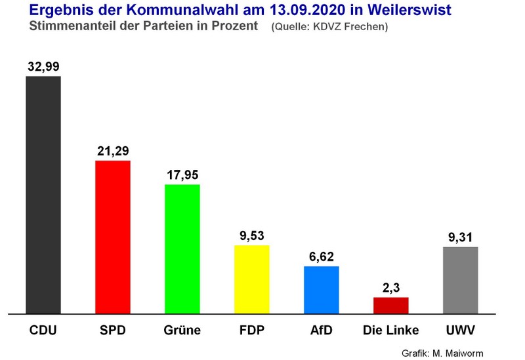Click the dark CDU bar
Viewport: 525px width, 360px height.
[43, 195]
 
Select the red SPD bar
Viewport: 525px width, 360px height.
[113, 237]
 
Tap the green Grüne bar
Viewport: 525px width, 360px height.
[182, 249]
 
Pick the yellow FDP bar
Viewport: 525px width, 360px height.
[252, 279]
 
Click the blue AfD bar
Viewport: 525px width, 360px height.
[322, 290]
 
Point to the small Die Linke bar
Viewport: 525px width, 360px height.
[391, 306]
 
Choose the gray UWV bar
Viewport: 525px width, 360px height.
[461, 280]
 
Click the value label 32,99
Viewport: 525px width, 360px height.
[43, 66]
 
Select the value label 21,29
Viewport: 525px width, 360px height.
[113, 151]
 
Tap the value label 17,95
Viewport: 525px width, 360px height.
[182, 174]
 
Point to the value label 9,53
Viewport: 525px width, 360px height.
[252, 235]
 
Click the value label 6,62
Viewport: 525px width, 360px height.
[322, 256]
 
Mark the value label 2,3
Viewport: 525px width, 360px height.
[391, 288]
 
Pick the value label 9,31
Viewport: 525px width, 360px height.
[461, 237]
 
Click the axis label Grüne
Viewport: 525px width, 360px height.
[182, 329]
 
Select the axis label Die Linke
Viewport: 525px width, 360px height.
[391, 329]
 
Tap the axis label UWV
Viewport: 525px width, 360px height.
[461, 329]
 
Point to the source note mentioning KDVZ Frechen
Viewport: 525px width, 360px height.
[329, 28]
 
